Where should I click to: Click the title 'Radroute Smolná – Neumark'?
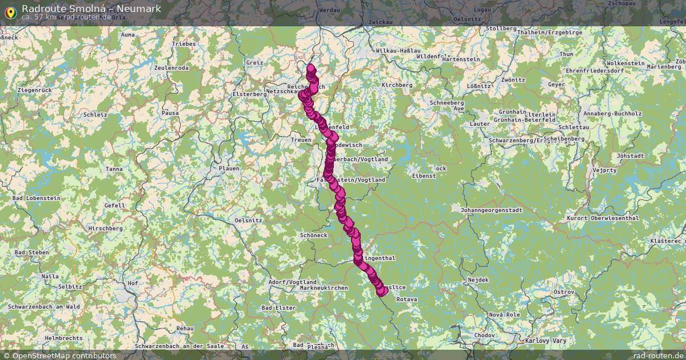tap(91, 9)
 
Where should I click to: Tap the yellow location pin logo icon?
tap(10, 11)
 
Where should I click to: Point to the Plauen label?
tap(229, 169)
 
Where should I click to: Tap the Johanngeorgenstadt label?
tap(492, 210)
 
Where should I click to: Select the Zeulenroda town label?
tap(171, 67)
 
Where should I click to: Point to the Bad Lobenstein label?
tap(36, 198)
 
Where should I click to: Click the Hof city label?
tap(133, 283)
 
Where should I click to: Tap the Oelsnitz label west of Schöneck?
tap(249, 220)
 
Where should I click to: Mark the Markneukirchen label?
tap(324, 287)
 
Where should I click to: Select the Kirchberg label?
tap(397, 85)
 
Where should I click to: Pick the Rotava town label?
tap(406, 299)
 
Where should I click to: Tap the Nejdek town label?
tap(478, 280)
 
